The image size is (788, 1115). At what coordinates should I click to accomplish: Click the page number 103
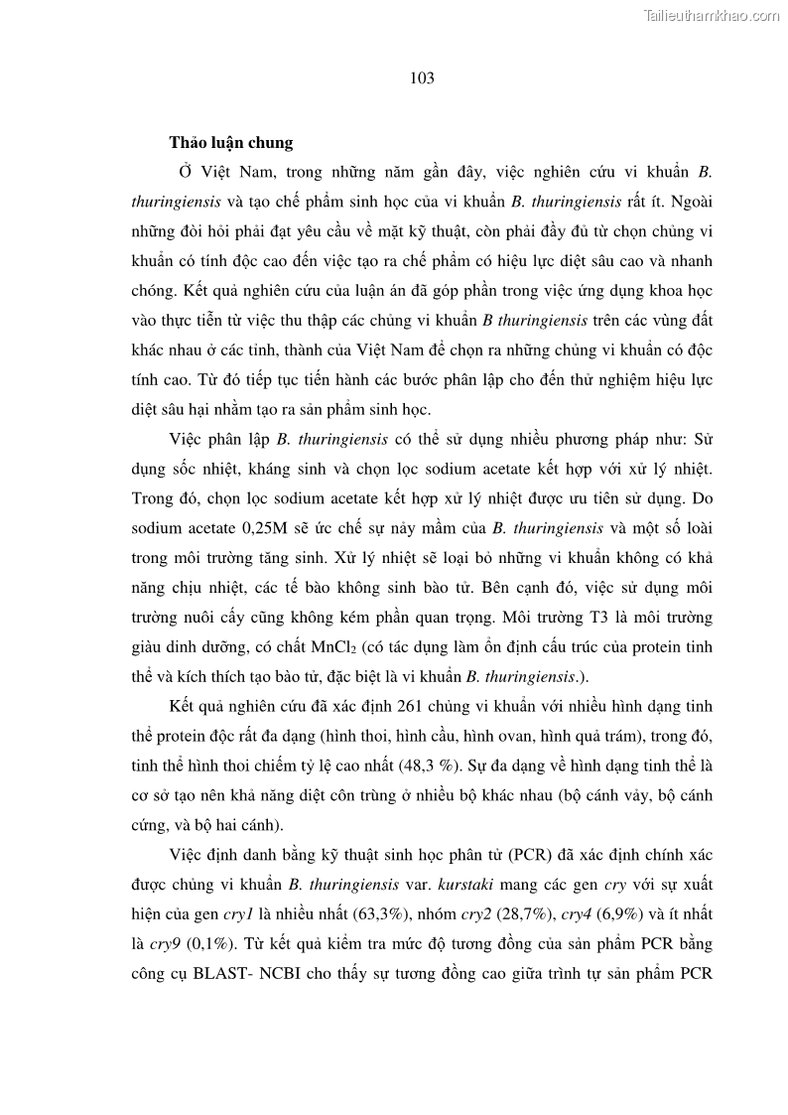(x=422, y=78)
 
